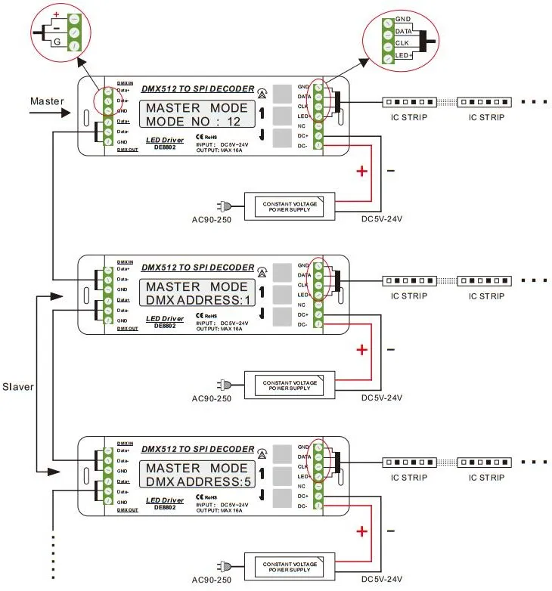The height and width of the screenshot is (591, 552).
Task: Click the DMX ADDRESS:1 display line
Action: pos(197,300)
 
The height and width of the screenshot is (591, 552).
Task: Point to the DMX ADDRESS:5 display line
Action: pos(197,481)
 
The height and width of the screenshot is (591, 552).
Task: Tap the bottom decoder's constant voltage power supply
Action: pos(290,566)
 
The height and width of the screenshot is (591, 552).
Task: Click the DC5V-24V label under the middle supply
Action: pos(381,398)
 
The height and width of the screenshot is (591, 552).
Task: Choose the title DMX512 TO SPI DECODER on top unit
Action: pos(197,88)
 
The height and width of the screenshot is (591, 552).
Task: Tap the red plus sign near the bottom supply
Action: pos(361,532)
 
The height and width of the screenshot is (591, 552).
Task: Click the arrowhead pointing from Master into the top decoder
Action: pos(72,114)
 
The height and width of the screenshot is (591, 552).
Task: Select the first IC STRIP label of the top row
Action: pos(409,117)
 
